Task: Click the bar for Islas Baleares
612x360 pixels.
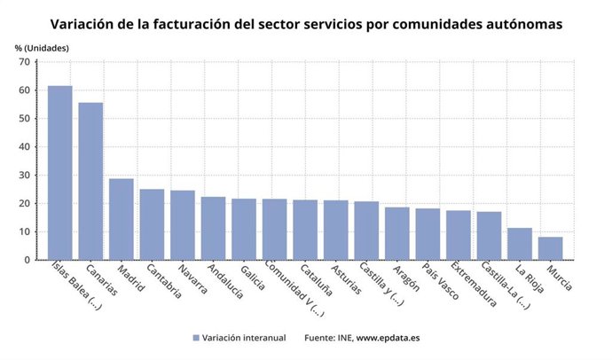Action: click(59, 173)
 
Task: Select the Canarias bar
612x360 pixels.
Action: click(90, 181)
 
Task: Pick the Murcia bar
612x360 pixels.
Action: click(550, 248)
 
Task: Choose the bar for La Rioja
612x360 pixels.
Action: click(519, 244)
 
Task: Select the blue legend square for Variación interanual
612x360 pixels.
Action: click(196, 337)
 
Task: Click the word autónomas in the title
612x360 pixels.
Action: click(522, 24)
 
